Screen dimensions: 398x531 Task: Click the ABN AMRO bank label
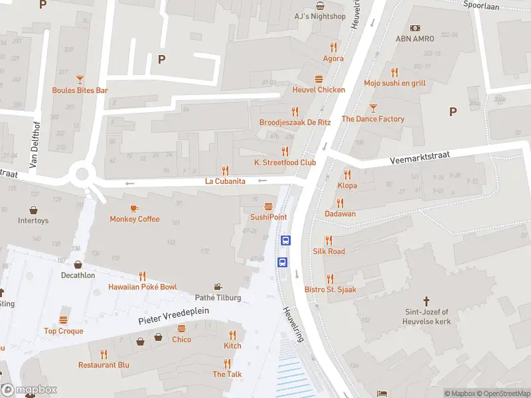click(x=415, y=38)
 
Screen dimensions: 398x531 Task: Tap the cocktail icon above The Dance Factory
click(x=373, y=107)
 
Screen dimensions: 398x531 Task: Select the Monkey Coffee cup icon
click(x=135, y=208)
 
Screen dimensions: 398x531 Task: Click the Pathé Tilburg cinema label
click(x=218, y=298)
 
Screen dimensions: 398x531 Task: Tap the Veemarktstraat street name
click(x=419, y=157)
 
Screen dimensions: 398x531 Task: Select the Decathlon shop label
click(x=78, y=275)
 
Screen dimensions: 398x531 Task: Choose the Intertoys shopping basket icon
click(x=33, y=210)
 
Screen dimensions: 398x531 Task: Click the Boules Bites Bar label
click(x=80, y=90)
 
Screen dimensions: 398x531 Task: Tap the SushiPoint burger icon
click(x=269, y=206)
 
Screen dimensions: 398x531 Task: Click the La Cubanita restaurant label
click(x=225, y=181)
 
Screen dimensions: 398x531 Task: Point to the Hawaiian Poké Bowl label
click(x=143, y=287)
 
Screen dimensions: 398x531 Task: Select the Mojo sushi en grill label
click(x=394, y=83)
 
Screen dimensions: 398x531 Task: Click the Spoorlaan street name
click(x=481, y=5)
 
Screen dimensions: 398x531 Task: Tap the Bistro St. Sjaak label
click(x=330, y=290)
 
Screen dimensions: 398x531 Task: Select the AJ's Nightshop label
click(x=320, y=16)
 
